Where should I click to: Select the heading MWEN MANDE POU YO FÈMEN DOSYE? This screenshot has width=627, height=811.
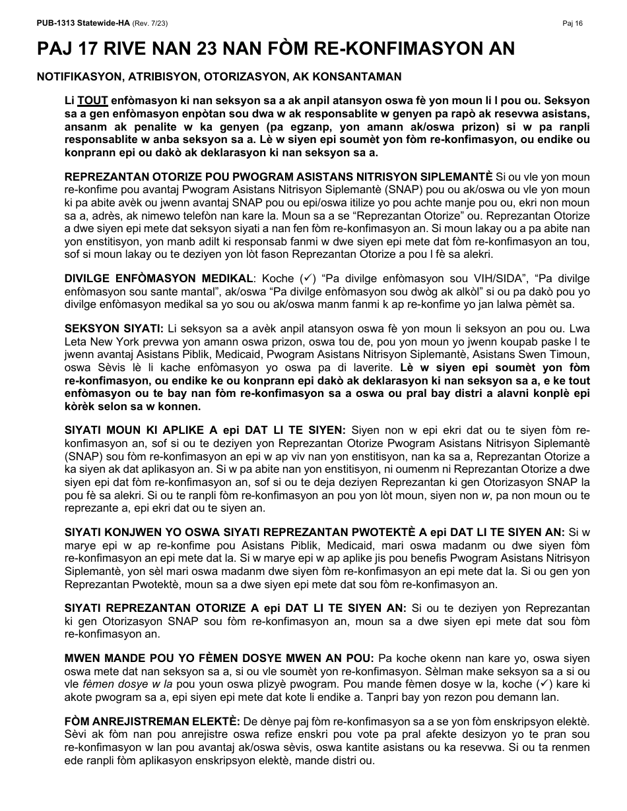[x=219, y=658]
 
